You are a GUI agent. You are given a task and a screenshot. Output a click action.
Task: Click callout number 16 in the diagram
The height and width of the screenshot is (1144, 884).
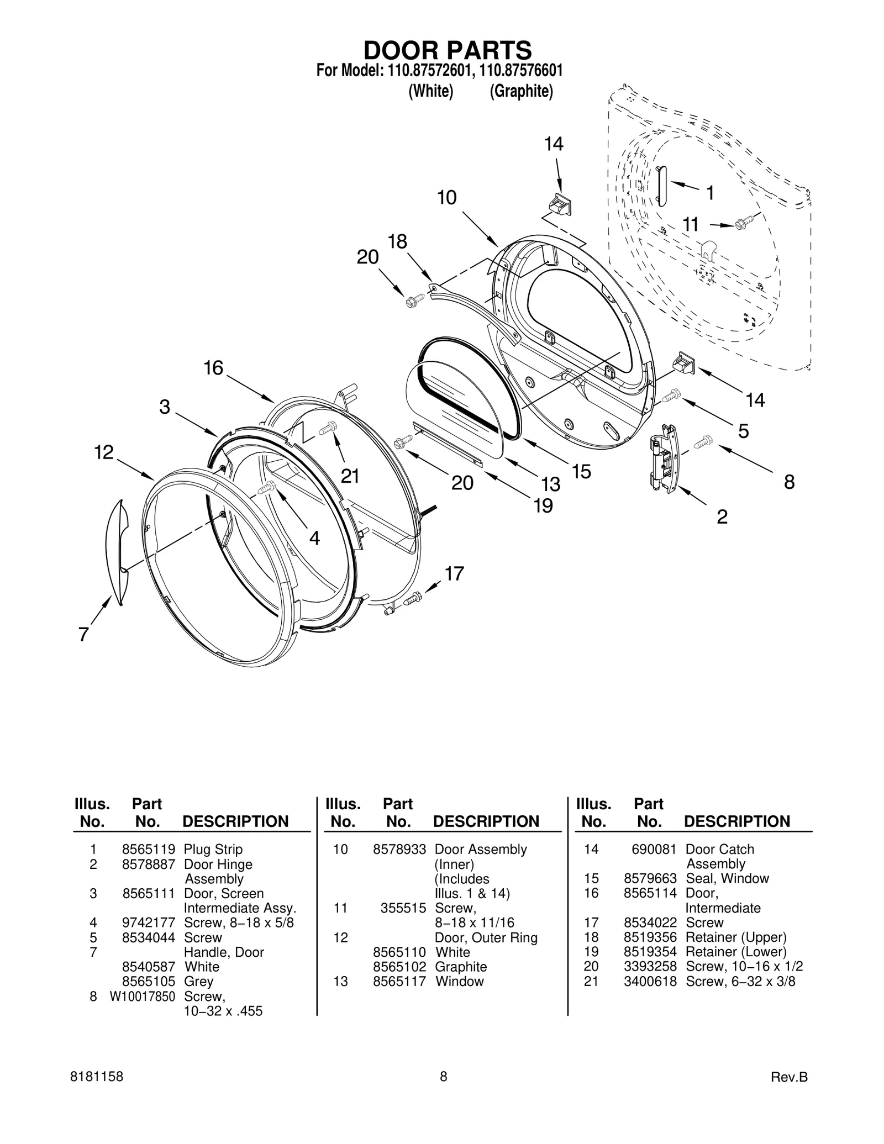tap(213, 368)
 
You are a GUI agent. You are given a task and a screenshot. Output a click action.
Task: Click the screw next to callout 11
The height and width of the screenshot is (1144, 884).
tap(741, 224)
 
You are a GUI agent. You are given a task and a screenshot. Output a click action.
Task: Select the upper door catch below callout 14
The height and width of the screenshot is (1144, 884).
tap(559, 204)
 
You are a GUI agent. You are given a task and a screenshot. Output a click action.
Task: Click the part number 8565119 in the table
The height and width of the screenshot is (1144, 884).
tap(148, 849)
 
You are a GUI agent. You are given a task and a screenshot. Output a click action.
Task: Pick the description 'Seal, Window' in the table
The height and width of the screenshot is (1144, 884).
tap(727, 878)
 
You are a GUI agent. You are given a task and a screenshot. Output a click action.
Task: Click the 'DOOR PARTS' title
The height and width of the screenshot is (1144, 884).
tap(447, 50)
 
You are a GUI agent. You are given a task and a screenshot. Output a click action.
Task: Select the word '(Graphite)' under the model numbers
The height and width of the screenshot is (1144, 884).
tap(521, 91)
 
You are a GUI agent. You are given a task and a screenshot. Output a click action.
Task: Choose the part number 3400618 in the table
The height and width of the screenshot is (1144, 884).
tap(650, 981)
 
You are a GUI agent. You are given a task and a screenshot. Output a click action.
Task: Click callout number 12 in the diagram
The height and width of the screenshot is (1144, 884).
tap(103, 452)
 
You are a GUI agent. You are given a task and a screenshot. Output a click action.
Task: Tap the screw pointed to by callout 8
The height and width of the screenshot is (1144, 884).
tap(704, 441)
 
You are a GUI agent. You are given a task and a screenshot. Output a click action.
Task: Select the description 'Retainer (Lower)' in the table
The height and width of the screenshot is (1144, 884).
tap(736, 952)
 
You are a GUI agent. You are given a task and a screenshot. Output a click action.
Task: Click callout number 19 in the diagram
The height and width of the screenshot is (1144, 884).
tap(544, 505)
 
